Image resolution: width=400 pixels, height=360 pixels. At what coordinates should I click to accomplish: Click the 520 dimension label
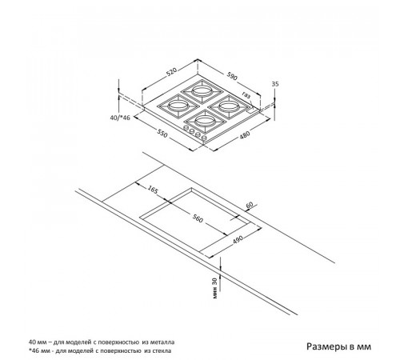tap(172, 72)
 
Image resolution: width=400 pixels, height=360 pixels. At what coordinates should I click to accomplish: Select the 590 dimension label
tap(232, 76)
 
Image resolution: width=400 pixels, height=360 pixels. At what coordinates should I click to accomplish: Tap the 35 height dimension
tap(275, 84)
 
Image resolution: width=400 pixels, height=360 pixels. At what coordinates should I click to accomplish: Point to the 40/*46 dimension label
tap(120, 118)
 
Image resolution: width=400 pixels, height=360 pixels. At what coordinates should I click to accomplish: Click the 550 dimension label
tap(162, 134)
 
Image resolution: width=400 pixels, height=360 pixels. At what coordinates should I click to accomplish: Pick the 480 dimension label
tap(245, 134)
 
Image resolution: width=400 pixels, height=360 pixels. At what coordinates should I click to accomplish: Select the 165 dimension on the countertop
tap(153, 190)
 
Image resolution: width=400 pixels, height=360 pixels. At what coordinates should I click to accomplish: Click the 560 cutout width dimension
tap(198, 218)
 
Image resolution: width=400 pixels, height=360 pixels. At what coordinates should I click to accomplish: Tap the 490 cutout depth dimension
tap(238, 239)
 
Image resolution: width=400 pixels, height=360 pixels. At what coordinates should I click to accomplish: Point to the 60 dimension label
tap(249, 205)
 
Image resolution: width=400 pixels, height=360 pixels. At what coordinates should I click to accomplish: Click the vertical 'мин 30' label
tap(215, 288)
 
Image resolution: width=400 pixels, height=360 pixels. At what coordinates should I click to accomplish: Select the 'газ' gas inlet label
tap(246, 94)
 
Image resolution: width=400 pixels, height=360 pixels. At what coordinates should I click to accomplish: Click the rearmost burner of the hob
tap(202, 90)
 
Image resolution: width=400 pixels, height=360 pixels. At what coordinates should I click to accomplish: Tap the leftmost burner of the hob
tap(178, 106)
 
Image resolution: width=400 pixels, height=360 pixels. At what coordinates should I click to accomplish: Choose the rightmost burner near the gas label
tap(227, 106)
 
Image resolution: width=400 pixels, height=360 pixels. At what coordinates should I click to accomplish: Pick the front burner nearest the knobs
tap(205, 122)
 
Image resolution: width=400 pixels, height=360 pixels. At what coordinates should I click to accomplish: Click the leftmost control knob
tap(186, 128)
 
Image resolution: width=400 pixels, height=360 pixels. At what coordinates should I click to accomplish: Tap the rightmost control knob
tap(205, 138)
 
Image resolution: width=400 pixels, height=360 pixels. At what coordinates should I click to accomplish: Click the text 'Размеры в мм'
tap(338, 346)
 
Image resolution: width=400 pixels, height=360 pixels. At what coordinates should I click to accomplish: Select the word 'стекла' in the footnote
tap(162, 351)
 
